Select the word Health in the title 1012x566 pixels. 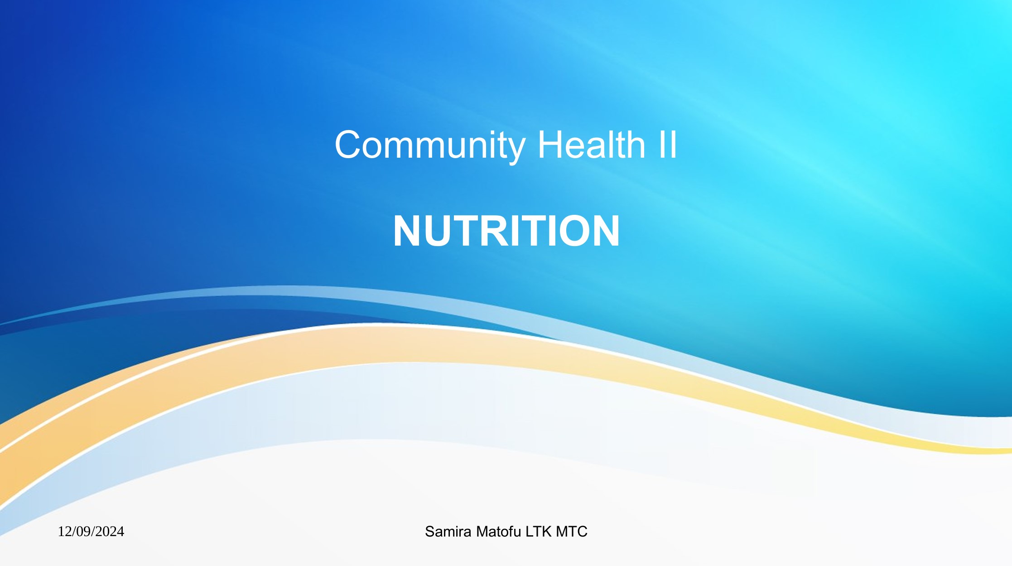point(591,145)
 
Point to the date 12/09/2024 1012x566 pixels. point(91,531)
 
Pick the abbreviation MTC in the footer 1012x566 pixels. point(572,532)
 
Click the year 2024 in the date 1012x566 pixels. point(110,531)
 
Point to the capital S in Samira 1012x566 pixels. point(429,532)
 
